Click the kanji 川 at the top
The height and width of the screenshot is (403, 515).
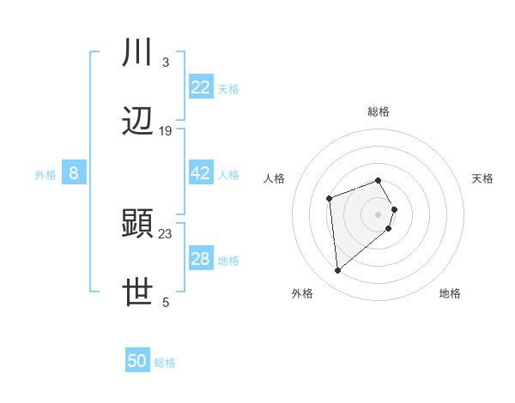(x=138, y=54)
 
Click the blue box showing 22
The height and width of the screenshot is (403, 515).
(x=201, y=87)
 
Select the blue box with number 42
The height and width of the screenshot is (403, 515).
(x=201, y=173)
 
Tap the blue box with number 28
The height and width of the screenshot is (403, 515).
(x=201, y=259)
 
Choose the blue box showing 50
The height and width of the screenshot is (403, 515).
(x=137, y=361)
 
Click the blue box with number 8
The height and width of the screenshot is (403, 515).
(x=74, y=173)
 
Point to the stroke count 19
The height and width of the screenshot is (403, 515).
(x=166, y=131)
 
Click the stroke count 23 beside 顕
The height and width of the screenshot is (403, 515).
(x=166, y=233)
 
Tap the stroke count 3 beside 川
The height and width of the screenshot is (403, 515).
(x=166, y=63)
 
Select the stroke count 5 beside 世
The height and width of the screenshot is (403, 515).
(x=166, y=302)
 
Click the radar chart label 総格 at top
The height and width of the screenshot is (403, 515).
(x=379, y=111)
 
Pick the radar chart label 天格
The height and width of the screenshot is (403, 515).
(x=482, y=178)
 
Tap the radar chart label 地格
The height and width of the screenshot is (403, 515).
(x=450, y=293)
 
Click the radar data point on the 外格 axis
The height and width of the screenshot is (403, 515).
(x=338, y=271)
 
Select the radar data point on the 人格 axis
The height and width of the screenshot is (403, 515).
(x=330, y=199)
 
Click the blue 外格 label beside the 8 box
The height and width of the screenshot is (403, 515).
(x=45, y=174)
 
